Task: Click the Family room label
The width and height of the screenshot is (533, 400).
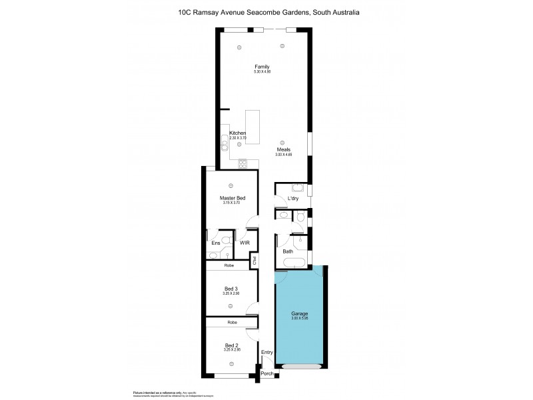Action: click(261, 66)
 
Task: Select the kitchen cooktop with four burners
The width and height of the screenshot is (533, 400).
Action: click(242, 163)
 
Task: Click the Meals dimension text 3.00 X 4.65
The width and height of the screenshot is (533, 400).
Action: click(284, 155)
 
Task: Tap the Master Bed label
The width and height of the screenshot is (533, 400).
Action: click(231, 197)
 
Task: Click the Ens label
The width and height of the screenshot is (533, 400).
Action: click(215, 243)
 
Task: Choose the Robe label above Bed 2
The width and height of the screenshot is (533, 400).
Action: click(231, 322)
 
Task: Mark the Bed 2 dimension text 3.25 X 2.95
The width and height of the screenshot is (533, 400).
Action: click(231, 350)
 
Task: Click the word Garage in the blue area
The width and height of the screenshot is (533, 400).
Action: click(299, 313)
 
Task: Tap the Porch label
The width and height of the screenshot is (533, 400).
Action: click(267, 373)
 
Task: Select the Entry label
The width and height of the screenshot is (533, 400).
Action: click(267, 352)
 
